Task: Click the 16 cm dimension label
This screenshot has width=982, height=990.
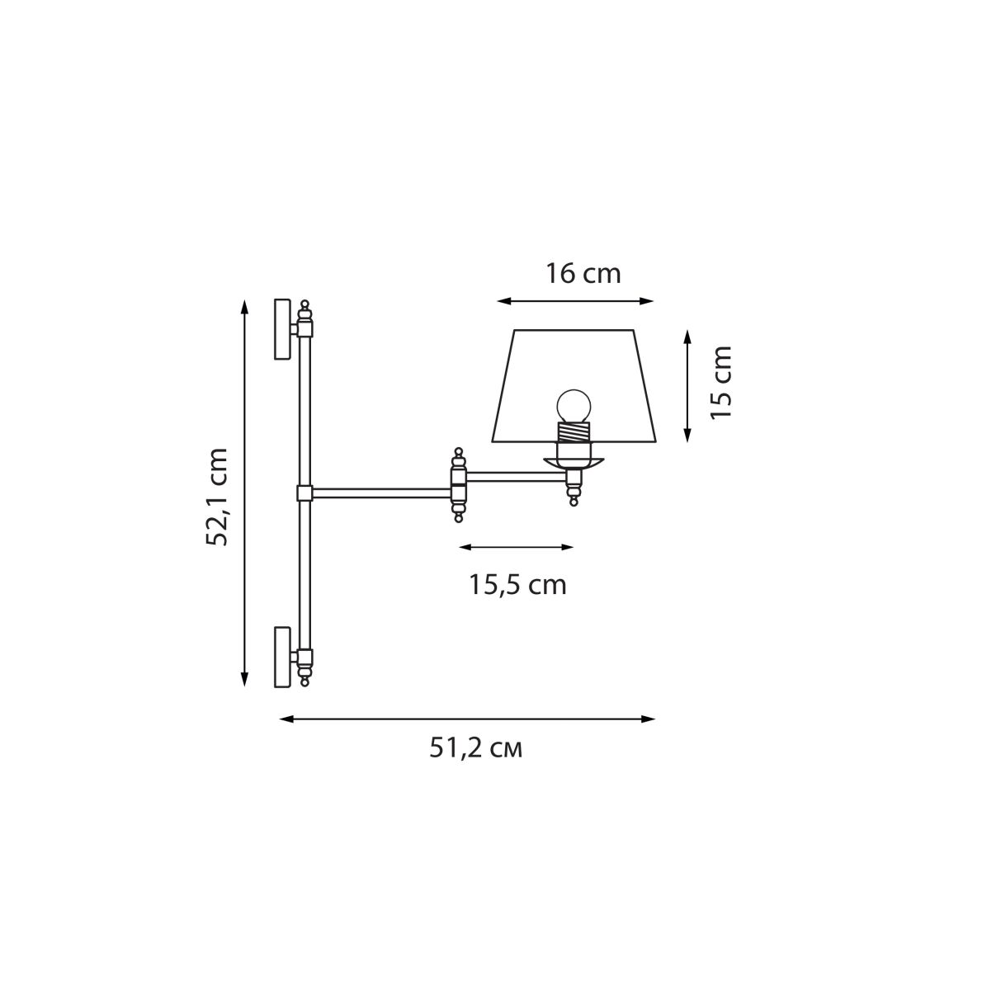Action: pyautogui.click(x=582, y=273)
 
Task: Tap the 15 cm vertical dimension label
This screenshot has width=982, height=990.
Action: pyautogui.click(x=720, y=382)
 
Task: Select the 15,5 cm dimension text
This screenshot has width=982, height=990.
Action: pyautogui.click(x=517, y=585)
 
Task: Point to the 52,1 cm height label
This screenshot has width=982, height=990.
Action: pyautogui.click(x=217, y=497)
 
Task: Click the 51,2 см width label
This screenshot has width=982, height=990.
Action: pyautogui.click(x=476, y=749)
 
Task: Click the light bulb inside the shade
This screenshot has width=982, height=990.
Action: pyautogui.click(x=574, y=406)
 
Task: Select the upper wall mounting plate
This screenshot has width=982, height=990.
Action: pyautogui.click(x=282, y=328)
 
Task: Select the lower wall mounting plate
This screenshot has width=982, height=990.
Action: pyautogui.click(x=282, y=657)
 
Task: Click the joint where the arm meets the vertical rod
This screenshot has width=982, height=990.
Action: pyautogui.click(x=305, y=493)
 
